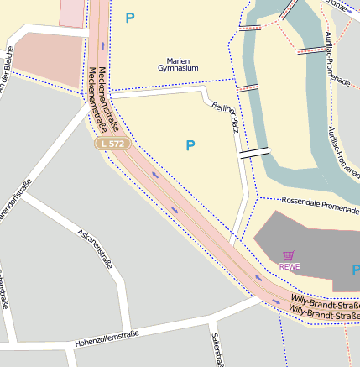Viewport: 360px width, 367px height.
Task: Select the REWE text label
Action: coord(290,267)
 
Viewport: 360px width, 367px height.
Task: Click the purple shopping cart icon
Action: coord(290,255)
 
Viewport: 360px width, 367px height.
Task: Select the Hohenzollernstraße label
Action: coord(107,338)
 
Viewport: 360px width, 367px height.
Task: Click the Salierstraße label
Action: coord(216,349)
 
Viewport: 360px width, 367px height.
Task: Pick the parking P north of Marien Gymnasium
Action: coord(129,18)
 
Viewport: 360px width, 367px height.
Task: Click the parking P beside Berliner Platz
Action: coord(190,145)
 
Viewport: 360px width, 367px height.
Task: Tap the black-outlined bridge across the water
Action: coord(254,153)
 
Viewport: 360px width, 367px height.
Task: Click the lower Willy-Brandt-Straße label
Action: coord(324,313)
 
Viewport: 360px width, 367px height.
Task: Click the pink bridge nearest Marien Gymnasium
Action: coord(246,87)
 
